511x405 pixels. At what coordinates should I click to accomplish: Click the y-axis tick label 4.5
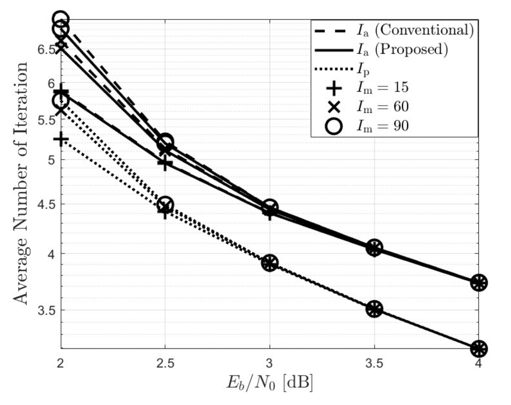(47, 204)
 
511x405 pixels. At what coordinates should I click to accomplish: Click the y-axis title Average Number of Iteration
(21, 183)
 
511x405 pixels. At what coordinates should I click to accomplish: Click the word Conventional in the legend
(424, 30)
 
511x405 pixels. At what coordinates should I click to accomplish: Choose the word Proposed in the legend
(411, 49)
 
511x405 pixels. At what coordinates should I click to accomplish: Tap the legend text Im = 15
(383, 87)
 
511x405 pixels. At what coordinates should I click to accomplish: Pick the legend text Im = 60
(383, 106)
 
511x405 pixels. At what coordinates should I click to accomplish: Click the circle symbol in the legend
(334, 126)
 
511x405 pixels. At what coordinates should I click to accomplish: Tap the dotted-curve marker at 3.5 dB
(374, 309)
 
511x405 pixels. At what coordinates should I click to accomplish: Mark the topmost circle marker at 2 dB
(61, 19)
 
